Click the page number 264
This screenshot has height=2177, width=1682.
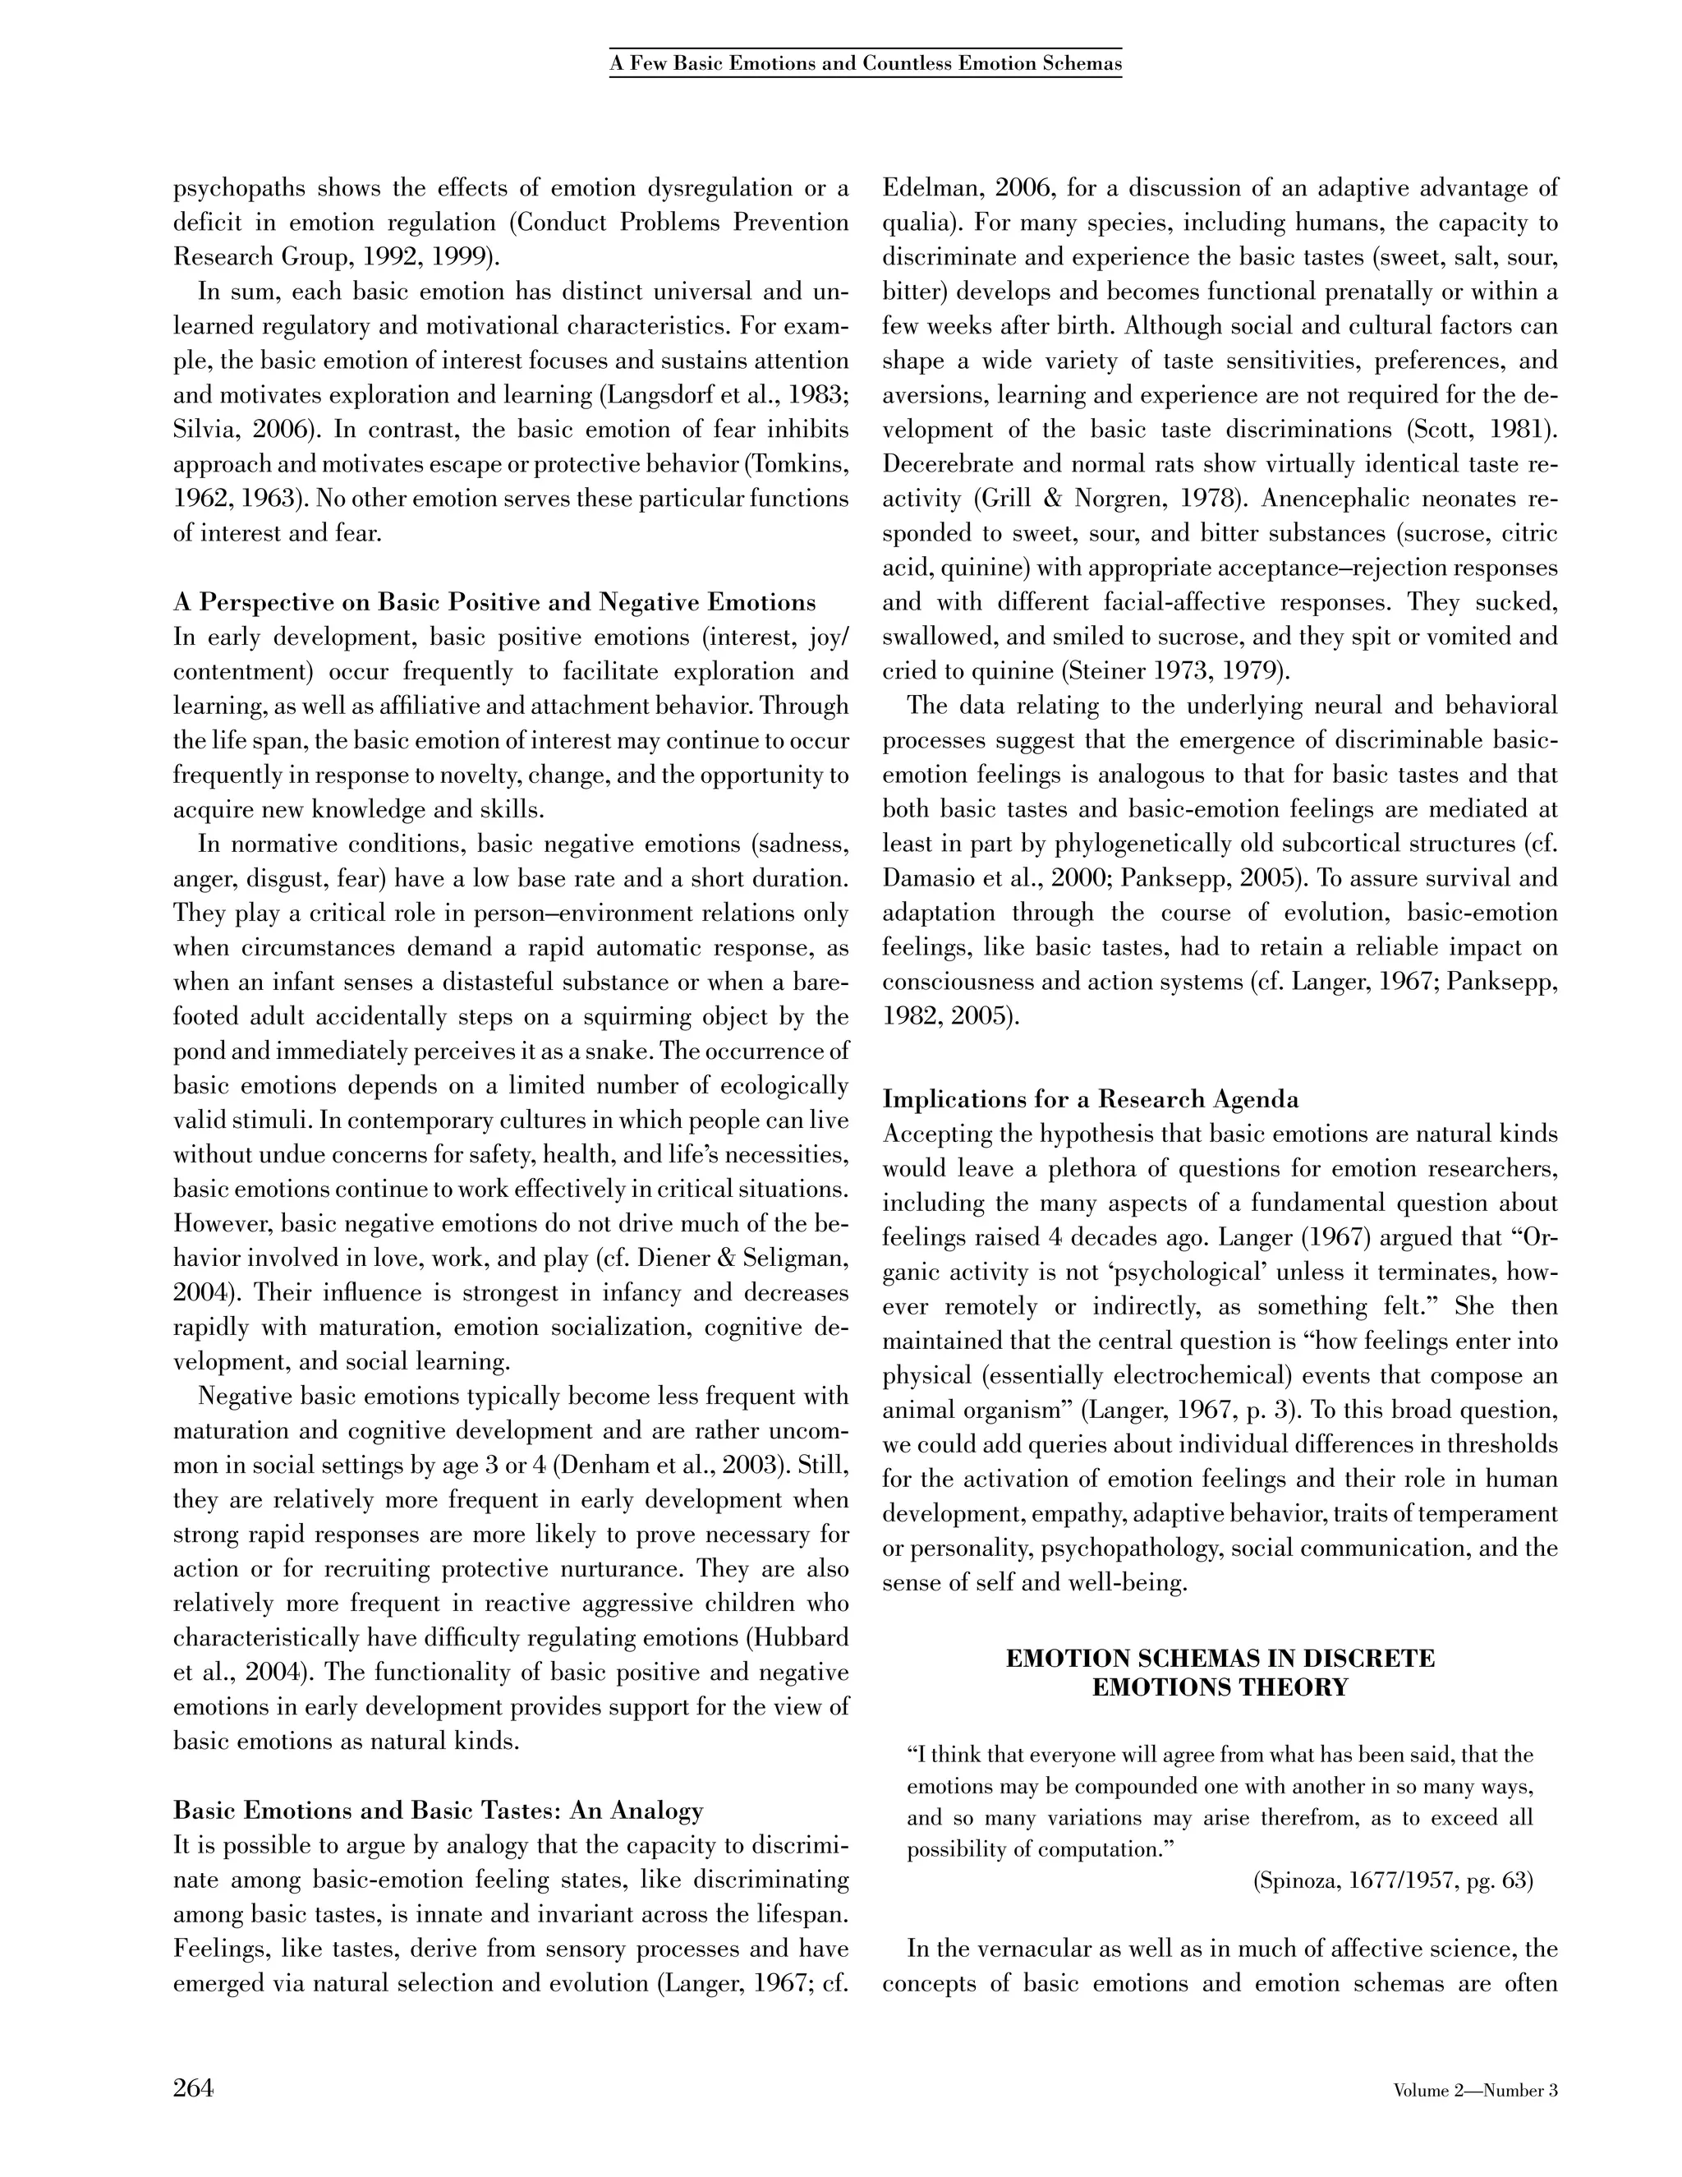point(193,2087)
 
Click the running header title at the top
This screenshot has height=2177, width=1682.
point(865,64)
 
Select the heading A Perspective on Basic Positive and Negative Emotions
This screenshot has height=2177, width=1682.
point(494,602)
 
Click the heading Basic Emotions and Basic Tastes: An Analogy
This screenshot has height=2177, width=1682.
point(439,1810)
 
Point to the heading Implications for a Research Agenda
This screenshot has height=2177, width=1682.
point(1090,1099)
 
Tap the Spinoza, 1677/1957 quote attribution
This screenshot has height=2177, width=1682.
point(1391,1881)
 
